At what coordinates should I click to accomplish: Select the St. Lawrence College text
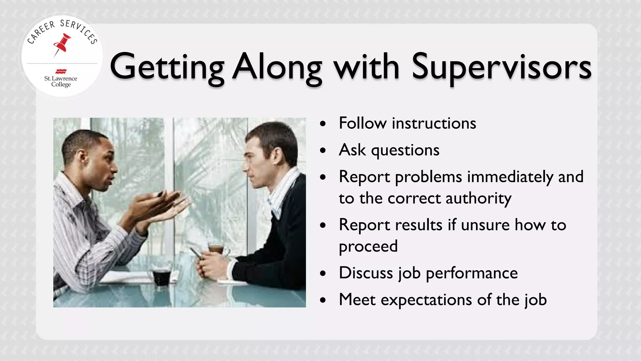click(x=61, y=81)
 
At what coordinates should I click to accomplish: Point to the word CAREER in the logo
click(x=41, y=33)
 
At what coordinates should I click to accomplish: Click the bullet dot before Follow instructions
click(x=323, y=123)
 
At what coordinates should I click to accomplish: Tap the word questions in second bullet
click(x=405, y=150)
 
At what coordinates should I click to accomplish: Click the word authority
click(x=479, y=198)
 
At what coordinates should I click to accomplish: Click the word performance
click(x=472, y=273)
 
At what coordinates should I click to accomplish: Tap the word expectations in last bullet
click(x=426, y=300)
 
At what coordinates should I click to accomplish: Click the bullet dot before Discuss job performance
click(x=323, y=274)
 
